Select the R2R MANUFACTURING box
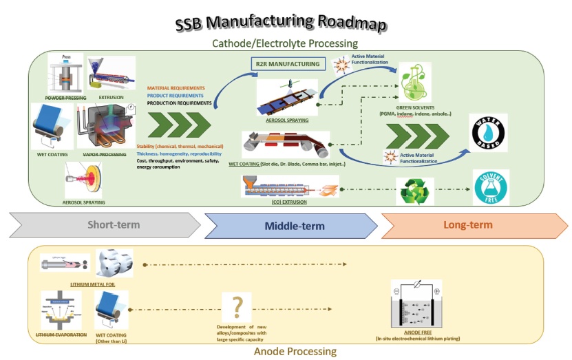pyautogui.click(x=286, y=65)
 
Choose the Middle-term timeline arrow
pyautogui.click(x=290, y=225)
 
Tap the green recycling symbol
pyautogui.click(x=415, y=192)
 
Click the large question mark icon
pyautogui.click(x=237, y=306)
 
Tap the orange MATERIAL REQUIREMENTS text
pyautogui.click(x=176, y=88)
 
